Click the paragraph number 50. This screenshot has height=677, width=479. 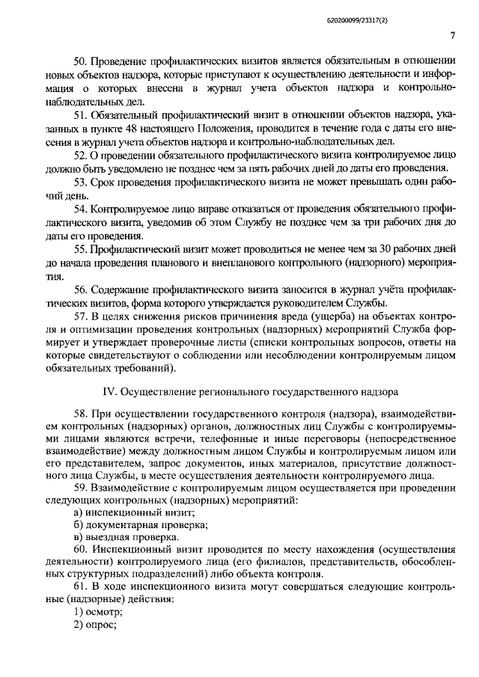tap(80, 61)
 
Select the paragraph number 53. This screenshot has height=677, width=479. tap(80, 182)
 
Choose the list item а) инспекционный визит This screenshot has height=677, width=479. tap(129, 512)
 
